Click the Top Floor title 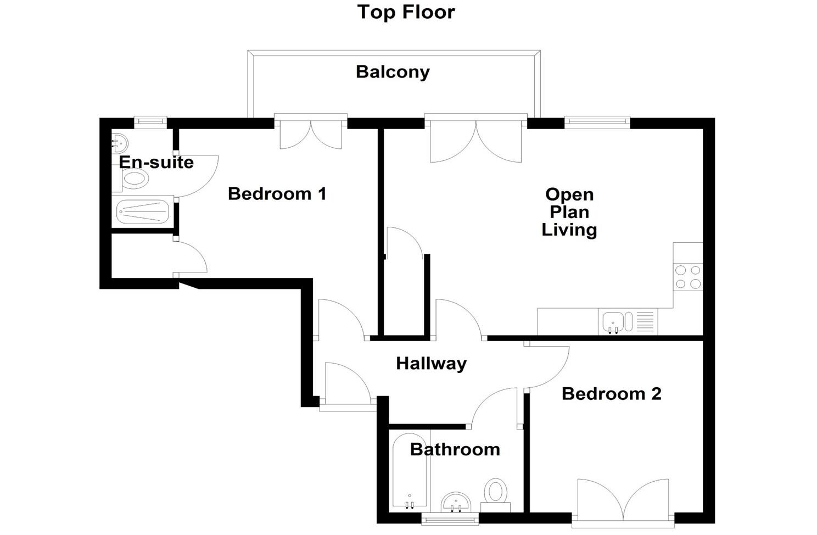(406, 12)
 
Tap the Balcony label (393, 72)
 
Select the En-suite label (156, 163)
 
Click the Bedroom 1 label (277, 194)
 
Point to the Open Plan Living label (569, 212)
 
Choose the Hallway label (431, 364)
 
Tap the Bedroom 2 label (611, 394)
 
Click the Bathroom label (455, 450)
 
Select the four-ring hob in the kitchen (688, 277)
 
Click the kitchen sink (613, 322)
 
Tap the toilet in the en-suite (134, 179)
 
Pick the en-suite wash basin (120, 143)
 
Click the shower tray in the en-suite (143, 211)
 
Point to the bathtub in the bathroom (410, 471)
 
